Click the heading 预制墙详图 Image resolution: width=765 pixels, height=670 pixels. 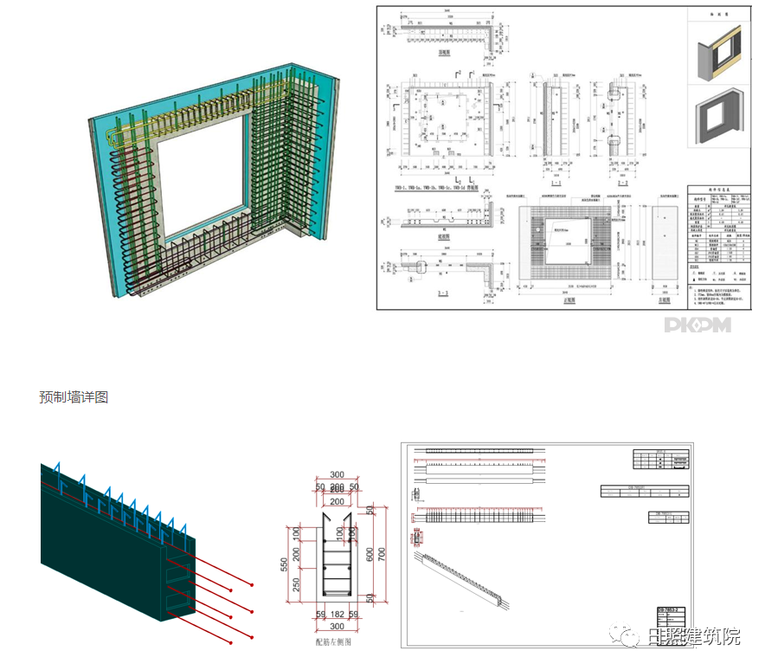[x=74, y=397]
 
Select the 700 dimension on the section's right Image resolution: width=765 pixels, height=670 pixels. [x=382, y=551]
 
